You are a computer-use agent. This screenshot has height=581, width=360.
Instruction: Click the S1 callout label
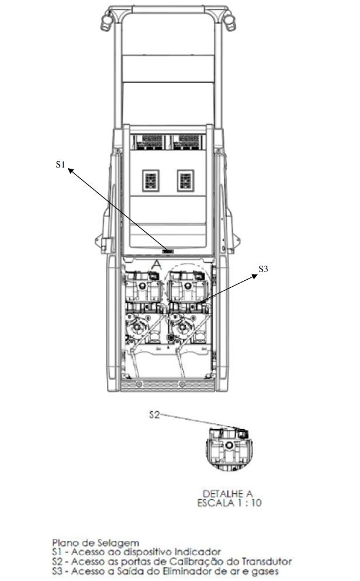pos(60,164)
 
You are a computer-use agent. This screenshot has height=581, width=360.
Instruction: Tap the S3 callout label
pos(263,269)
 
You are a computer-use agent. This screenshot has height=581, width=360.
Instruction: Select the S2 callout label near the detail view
pos(155,415)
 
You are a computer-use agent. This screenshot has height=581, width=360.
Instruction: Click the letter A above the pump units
pos(157,264)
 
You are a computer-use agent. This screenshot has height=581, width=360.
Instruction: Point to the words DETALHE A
pos(228,493)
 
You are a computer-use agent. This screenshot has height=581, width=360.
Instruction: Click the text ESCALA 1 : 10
pos(229,503)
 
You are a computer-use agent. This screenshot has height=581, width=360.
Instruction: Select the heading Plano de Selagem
pos(96,543)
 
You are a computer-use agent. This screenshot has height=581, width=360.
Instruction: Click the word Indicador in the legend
pos(198,552)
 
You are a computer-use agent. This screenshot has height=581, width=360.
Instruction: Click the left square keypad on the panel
pos(151,180)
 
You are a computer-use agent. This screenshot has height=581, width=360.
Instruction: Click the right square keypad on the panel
pos(185,180)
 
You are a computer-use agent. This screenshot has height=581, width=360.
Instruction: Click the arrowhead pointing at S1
pos(70,171)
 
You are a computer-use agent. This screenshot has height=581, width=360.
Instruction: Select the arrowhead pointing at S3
pos(254,276)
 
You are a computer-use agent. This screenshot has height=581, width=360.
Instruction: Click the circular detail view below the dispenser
pos(229,449)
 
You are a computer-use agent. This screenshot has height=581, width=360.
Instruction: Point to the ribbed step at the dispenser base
pos(168,385)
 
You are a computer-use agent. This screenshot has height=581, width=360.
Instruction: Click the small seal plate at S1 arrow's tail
pos(168,251)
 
